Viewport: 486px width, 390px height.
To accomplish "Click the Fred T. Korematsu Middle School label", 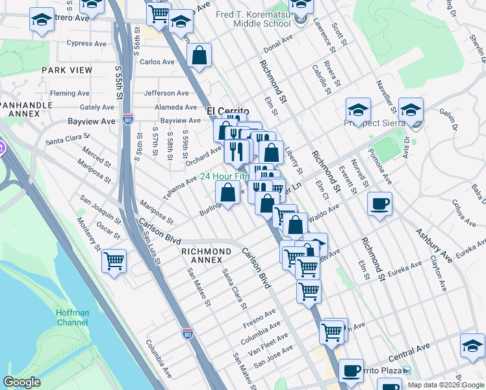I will coord(262,18).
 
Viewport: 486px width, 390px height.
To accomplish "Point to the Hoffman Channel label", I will coord(72,317).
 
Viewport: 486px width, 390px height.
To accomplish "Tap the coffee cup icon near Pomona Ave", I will coord(379,204).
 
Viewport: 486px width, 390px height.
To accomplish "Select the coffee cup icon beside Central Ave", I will coord(351,371).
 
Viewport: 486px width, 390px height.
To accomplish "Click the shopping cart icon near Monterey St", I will coord(114,261).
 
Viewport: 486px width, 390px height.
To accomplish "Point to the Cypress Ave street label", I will coord(88,44).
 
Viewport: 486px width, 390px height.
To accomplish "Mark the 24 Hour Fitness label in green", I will coord(224,176).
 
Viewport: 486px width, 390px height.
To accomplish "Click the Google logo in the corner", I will coord(21,382).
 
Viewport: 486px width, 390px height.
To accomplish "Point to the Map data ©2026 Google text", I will coord(446,385).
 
